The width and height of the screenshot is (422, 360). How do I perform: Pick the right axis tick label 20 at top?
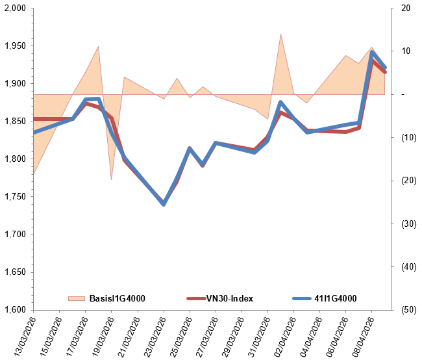click(406, 8)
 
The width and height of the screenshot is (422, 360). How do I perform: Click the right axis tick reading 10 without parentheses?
click(406, 51)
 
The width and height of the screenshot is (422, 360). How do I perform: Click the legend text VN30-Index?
click(229, 298)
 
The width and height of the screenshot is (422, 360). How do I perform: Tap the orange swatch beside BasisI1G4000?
click(77, 298)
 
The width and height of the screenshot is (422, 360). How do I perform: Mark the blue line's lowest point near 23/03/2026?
click(164, 204)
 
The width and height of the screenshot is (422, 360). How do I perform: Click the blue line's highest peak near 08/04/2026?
click(372, 53)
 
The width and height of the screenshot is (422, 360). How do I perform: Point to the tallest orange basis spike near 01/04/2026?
click(280, 34)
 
